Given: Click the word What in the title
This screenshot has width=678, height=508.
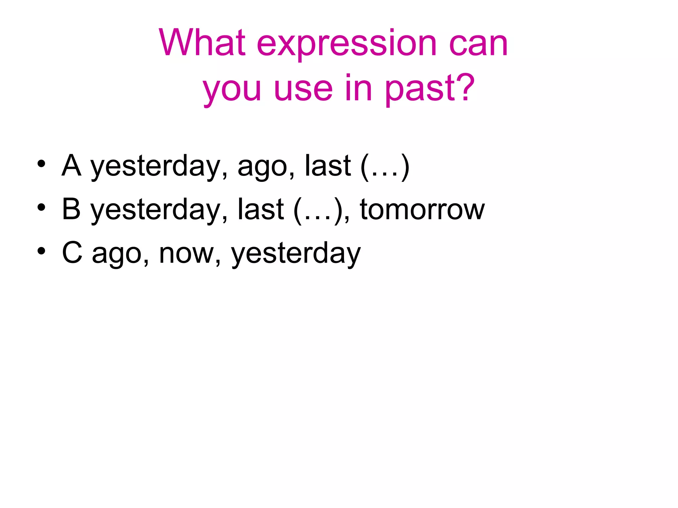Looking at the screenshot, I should [202, 43].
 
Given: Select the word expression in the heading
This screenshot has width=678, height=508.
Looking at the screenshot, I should [347, 45].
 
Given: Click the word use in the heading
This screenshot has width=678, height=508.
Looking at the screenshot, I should [303, 89].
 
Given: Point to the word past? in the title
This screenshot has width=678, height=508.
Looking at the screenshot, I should [430, 89].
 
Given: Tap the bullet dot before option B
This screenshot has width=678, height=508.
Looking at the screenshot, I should [41, 207].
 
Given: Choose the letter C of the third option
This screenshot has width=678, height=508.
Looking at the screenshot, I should [72, 253].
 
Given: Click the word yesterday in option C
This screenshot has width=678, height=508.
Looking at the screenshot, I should [296, 254].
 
